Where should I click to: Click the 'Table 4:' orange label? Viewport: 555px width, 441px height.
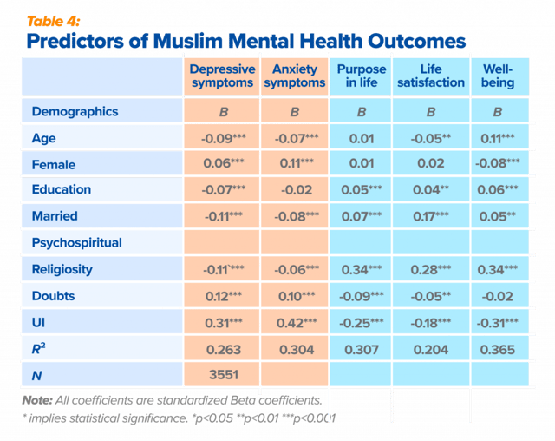tap(54, 22)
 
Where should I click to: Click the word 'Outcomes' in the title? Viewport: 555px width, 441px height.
tap(416, 41)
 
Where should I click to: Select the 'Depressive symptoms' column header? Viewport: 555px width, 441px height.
tap(222, 76)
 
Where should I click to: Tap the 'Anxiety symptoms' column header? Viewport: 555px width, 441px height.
tap(295, 76)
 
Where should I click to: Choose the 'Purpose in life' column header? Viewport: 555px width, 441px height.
tap(362, 76)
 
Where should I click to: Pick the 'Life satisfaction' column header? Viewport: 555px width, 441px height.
tap(431, 76)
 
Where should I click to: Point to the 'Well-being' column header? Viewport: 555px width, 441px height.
tap(497, 76)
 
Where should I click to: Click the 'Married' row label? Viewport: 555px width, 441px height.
tap(55, 215)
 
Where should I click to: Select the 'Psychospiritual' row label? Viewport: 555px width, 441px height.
tap(77, 243)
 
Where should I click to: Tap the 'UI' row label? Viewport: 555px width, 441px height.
tap(38, 323)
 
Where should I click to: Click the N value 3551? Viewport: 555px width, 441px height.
tap(224, 375)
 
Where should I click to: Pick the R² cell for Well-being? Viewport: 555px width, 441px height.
tap(497, 350)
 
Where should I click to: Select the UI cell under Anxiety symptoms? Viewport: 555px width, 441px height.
tap(297, 323)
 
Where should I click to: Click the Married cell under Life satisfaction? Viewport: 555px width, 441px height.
tap(431, 216)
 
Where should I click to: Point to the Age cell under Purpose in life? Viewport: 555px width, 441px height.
tap(362, 139)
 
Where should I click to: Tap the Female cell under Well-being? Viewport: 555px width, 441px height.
tap(497, 163)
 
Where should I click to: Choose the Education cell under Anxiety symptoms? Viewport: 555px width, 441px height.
tap(297, 190)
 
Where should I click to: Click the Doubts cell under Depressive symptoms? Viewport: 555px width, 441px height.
tap(224, 297)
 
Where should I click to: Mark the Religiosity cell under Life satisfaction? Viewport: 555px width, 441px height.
tap(431, 270)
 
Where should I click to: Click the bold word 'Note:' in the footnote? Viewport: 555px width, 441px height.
tap(37, 400)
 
